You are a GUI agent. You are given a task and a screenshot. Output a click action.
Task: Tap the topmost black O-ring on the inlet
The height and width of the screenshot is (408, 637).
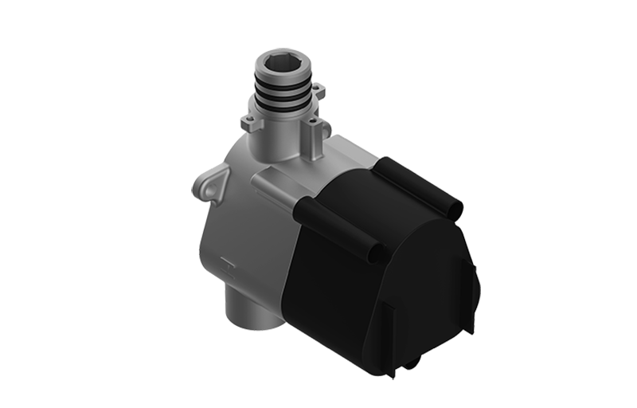283,83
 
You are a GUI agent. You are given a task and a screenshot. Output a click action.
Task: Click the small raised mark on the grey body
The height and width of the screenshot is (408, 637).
226,261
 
